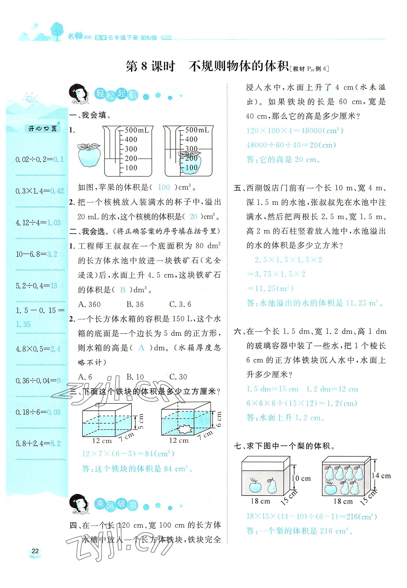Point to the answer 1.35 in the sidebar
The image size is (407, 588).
click(23, 324)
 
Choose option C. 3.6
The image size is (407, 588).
click(180, 304)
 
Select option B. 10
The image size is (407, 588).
click(135, 377)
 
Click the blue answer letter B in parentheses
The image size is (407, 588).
click(123, 290)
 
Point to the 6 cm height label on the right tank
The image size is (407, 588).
click(219, 419)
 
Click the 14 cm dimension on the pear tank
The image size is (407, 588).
click(381, 476)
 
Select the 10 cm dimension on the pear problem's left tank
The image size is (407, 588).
click(301, 478)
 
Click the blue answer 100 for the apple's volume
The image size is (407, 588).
click(164, 187)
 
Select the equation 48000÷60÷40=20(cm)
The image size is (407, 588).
click(291, 145)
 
